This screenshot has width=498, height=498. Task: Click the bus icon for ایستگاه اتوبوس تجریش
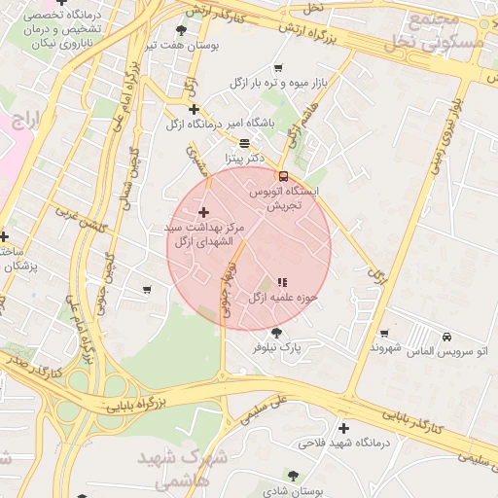(283, 177)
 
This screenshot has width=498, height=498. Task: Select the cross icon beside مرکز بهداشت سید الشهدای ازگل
(203, 212)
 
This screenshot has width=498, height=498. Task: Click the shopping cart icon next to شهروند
(384, 334)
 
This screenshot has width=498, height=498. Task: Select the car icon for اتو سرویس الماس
(446, 337)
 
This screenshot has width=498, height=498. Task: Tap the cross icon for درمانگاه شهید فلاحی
(343, 428)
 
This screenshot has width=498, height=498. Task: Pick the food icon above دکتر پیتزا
(244, 142)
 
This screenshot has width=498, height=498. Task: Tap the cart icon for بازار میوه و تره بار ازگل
(279, 68)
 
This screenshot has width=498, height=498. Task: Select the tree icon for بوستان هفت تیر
(182, 30)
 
